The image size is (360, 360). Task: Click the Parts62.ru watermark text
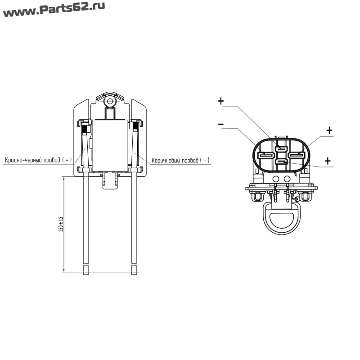click(54, 9)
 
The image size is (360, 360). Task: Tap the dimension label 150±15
click(61, 224)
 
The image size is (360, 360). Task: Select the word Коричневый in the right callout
click(166, 160)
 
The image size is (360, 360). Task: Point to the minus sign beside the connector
click(220, 124)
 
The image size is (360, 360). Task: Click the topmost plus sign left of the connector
click(220, 101)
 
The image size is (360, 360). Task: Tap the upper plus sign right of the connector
click(329, 130)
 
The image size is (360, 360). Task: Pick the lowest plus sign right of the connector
click(328, 161)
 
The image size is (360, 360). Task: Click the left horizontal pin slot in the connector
click(266, 155)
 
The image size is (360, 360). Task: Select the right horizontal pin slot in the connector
click(296, 155)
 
